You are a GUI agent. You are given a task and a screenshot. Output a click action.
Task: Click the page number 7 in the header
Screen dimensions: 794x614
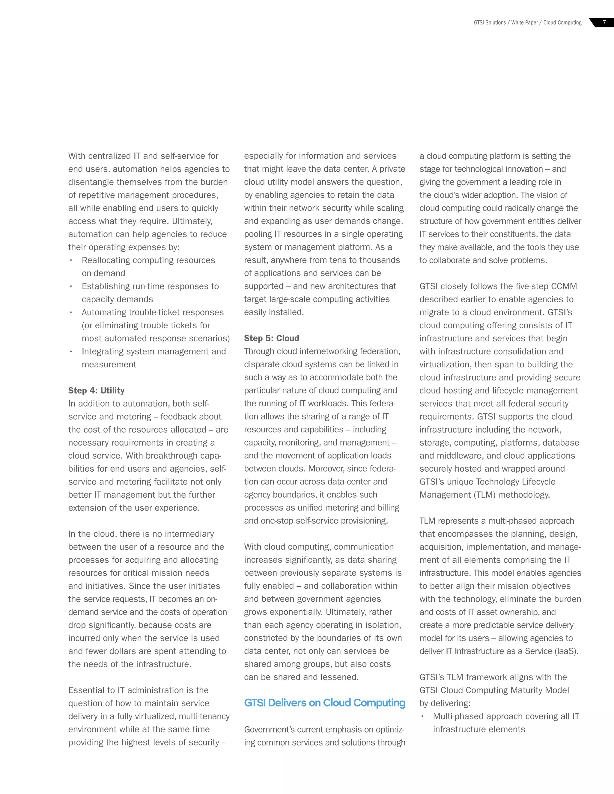pyautogui.click(x=604, y=22)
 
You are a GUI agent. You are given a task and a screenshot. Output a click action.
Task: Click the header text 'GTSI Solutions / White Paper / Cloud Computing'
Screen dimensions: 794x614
pyautogui.click(x=527, y=22)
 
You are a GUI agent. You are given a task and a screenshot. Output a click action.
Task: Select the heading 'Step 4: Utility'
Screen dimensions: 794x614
pyautogui.click(x=97, y=390)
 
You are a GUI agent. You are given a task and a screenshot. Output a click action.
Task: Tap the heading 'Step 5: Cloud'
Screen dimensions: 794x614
pyautogui.click(x=271, y=338)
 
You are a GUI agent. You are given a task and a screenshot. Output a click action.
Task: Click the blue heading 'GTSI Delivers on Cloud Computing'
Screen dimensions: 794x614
pyautogui.click(x=324, y=703)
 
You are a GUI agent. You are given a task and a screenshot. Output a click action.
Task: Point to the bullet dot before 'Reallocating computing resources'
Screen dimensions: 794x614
pyautogui.click(x=71, y=260)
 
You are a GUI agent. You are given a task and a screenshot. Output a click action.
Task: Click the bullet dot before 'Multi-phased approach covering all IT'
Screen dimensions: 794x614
pyautogui.click(x=422, y=716)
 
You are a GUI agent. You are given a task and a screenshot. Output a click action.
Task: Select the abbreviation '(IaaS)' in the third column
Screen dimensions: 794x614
pyautogui.click(x=566, y=651)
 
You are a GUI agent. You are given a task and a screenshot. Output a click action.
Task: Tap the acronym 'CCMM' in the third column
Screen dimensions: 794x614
pyautogui.click(x=564, y=286)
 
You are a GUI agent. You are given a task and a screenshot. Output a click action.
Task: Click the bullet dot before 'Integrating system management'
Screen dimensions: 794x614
pyautogui.click(x=71, y=351)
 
